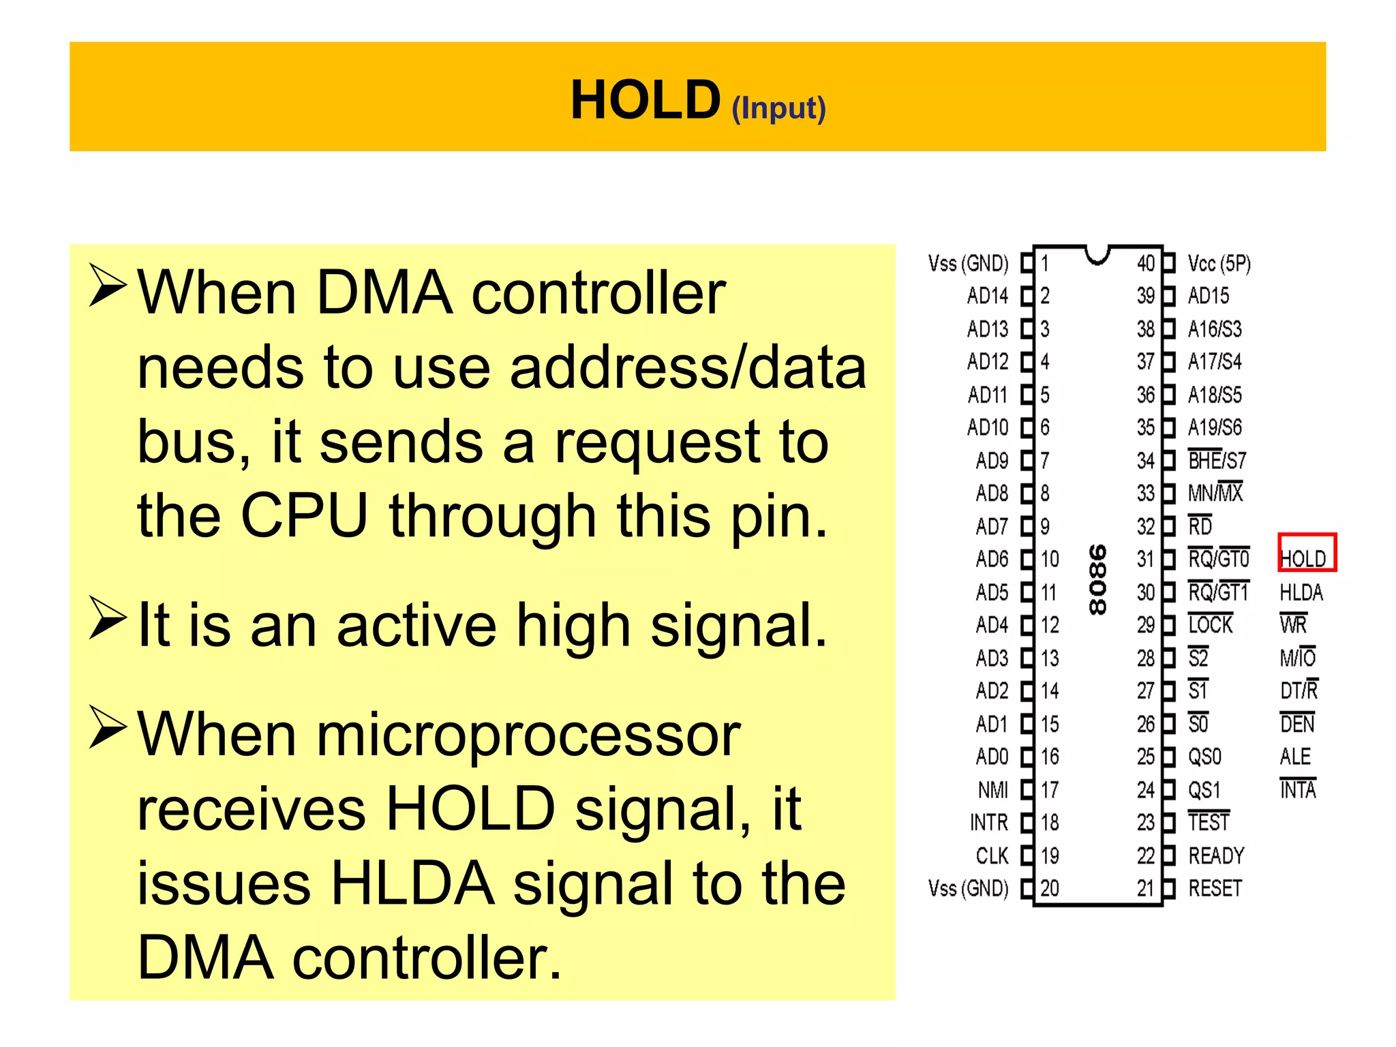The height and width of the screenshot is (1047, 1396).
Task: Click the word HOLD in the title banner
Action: pyautogui.click(x=645, y=100)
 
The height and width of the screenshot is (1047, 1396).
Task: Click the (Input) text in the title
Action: pyautogui.click(x=778, y=108)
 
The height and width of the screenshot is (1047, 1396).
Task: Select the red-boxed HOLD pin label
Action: pyautogui.click(x=1305, y=558)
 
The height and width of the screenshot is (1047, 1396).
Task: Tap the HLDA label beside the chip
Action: pyautogui.click(x=1301, y=592)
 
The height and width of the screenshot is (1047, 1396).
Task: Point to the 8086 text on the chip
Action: pyautogui.click(x=1097, y=579)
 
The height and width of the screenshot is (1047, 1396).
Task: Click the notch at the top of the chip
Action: pyautogui.click(x=1097, y=256)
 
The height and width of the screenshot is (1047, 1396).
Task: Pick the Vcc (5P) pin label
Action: pyautogui.click(x=1219, y=263)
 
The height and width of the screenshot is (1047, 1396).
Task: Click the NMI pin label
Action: pyautogui.click(x=992, y=789)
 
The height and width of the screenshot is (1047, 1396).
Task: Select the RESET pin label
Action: pyautogui.click(x=1215, y=888)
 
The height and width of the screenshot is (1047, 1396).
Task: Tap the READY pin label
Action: pyautogui.click(x=1216, y=855)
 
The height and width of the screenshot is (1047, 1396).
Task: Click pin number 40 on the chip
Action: pyautogui.click(x=1145, y=263)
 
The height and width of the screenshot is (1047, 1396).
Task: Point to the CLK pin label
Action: pyautogui.click(x=992, y=855)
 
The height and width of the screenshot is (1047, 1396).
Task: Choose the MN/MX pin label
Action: pyautogui.click(x=1215, y=492)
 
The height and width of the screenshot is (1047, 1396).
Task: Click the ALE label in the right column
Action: pyautogui.click(x=1295, y=757)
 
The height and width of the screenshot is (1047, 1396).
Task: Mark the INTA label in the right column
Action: pyautogui.click(x=1297, y=789)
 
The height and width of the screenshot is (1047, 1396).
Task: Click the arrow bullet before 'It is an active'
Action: pyautogui.click(x=108, y=618)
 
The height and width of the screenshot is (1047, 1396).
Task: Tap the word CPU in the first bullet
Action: pyautogui.click(x=304, y=515)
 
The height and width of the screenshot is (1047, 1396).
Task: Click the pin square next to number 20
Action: pyautogui.click(x=1027, y=888)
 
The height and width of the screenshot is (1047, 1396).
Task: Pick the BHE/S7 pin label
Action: pyautogui.click(x=1216, y=460)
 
